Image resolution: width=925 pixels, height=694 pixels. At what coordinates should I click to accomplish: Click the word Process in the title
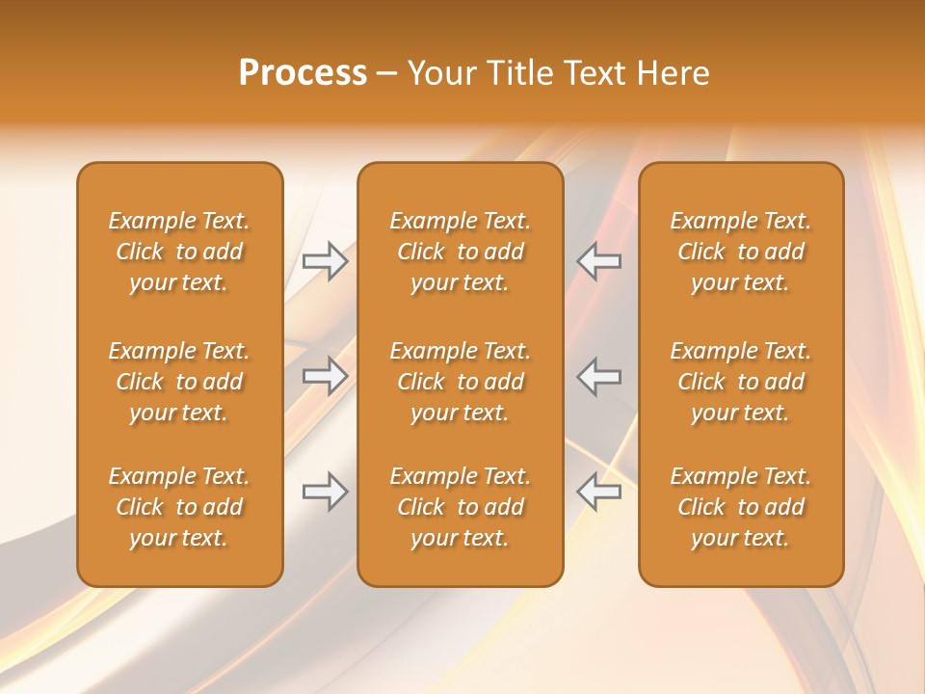(303, 73)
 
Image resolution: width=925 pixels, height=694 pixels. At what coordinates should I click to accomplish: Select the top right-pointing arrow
(326, 261)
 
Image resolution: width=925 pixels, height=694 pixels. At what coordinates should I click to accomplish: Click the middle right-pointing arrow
(326, 376)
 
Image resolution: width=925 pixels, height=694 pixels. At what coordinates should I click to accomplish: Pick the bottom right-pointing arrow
(326, 492)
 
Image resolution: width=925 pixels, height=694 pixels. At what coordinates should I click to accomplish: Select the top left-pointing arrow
(599, 261)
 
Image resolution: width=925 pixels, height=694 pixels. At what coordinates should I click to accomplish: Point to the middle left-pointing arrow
(599, 376)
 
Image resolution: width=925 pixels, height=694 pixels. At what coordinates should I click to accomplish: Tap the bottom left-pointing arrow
(599, 492)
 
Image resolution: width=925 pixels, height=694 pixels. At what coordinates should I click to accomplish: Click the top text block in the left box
(179, 252)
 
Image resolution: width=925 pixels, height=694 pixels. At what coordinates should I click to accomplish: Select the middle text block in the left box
(179, 382)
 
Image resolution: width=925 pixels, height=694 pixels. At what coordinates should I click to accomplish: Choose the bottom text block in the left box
(179, 507)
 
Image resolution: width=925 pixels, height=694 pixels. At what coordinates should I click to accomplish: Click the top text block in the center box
(460, 252)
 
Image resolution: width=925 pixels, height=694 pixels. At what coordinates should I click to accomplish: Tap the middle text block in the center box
(460, 382)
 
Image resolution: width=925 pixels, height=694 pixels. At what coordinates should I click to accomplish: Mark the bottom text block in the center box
(460, 507)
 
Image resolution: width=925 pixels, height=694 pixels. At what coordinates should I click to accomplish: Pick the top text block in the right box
(741, 252)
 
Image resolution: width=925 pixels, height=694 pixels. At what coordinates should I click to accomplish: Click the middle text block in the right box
(741, 382)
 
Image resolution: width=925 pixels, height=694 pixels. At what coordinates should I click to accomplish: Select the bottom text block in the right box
(741, 507)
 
